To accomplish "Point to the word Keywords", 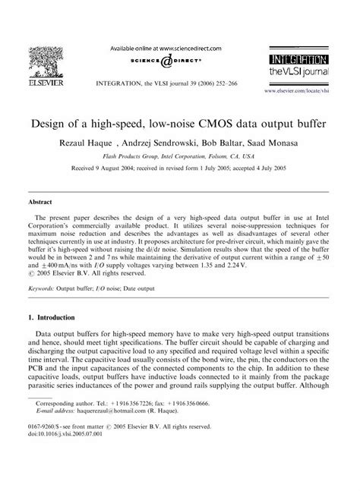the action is pos(45,289).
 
